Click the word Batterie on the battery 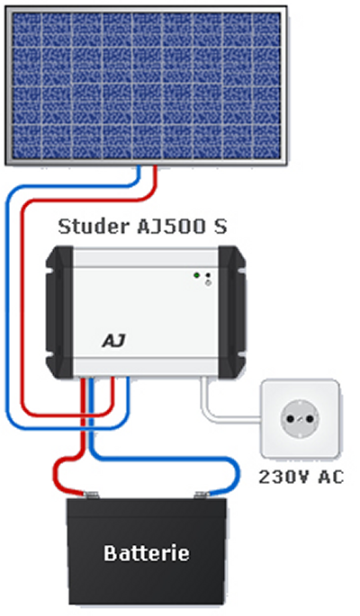pos(147,551)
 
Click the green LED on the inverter pos(197,275)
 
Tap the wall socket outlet pos(301,419)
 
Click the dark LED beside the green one pos(208,275)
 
